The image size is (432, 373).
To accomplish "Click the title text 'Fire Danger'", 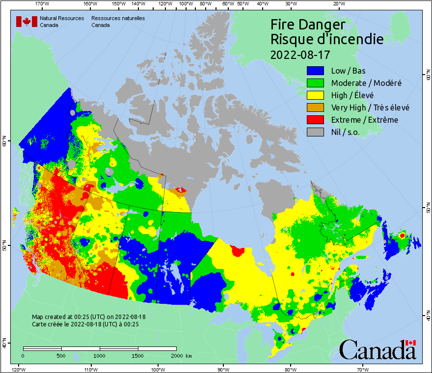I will (308, 25).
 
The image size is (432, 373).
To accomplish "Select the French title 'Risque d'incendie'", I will (327, 39).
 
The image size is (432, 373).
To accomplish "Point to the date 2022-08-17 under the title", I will (300, 53).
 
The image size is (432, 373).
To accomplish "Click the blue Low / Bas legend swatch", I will (315, 71).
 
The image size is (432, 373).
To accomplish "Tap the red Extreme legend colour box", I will (315, 120).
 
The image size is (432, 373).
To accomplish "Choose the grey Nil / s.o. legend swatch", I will (315, 132).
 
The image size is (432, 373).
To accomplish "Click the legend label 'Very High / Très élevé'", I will (370, 107).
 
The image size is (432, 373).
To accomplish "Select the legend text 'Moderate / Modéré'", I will (366, 83).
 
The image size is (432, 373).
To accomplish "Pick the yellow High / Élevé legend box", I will (315, 95).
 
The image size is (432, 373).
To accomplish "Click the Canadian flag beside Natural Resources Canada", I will (27, 22).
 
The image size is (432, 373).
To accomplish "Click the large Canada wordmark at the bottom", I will (377, 350).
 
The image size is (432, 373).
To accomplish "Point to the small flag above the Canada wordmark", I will (410, 343).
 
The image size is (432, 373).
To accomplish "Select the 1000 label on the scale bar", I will (100, 355).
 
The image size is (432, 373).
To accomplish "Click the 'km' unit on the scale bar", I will (189, 355).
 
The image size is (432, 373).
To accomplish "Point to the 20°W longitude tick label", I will (338, 4).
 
